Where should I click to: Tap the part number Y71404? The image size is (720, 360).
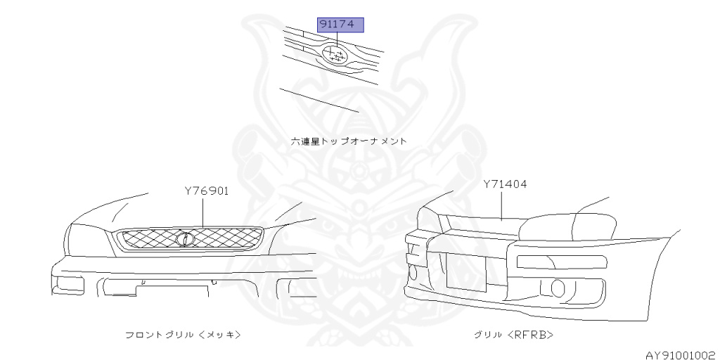coord(505,184)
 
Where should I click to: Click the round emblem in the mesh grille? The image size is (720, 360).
coord(184,239)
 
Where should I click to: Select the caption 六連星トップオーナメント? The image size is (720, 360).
coord(349,141)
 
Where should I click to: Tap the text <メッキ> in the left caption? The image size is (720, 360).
coord(225,334)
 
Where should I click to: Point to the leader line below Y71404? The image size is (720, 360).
coord(501,205)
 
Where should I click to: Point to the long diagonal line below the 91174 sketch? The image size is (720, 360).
coord(319,100)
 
